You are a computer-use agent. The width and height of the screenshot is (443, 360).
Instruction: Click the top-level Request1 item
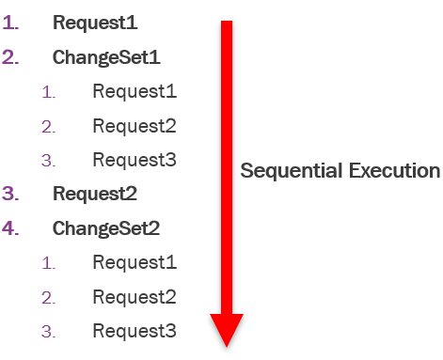pyautogui.click(x=95, y=22)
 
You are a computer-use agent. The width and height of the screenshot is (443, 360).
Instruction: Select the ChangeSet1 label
pyautogui.click(x=106, y=56)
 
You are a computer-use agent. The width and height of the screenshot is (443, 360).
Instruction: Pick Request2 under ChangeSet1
pyautogui.click(x=134, y=125)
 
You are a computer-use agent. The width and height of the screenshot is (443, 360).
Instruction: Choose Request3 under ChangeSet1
pyautogui.click(x=134, y=160)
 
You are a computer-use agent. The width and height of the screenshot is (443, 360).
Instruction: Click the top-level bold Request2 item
pyautogui.click(x=95, y=195)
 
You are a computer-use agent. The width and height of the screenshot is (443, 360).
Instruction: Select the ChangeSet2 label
pyautogui.click(x=106, y=228)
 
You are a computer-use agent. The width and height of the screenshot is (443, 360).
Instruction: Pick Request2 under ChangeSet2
pyautogui.click(x=134, y=297)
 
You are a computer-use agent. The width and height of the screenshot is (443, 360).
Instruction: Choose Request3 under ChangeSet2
pyautogui.click(x=134, y=331)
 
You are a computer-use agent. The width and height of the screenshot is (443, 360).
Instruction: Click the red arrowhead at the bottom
pyautogui.click(x=227, y=329)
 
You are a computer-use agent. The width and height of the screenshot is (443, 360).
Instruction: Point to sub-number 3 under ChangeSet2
pyautogui.click(x=48, y=332)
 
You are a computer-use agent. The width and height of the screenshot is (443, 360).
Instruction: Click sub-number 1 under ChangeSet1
pyautogui.click(x=48, y=92)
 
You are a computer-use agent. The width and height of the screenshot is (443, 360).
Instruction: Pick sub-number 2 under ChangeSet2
pyautogui.click(x=48, y=298)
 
